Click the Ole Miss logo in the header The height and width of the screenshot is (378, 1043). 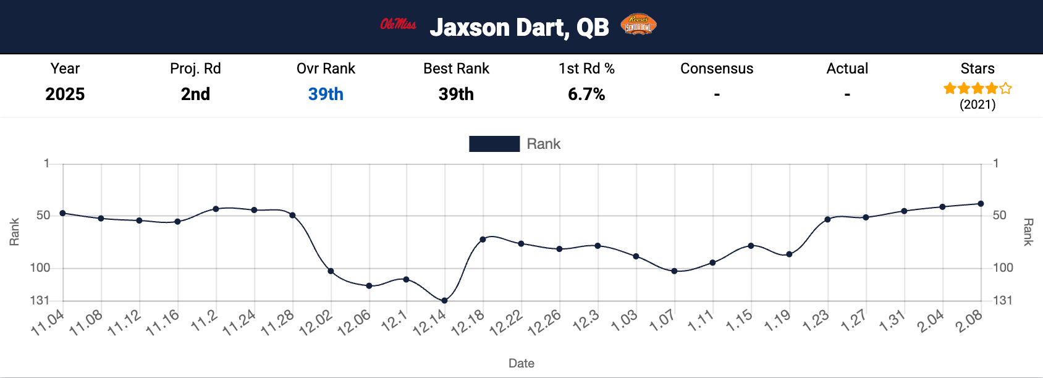pyautogui.click(x=398, y=25)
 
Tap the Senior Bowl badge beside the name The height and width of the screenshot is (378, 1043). pyautogui.click(x=638, y=25)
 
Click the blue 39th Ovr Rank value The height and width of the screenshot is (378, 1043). pyautogui.click(x=326, y=94)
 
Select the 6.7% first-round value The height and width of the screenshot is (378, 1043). pyautogui.click(x=586, y=94)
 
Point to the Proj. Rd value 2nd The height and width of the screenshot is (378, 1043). pyautogui.click(x=195, y=94)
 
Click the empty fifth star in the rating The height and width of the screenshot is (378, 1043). pyautogui.click(x=1006, y=88)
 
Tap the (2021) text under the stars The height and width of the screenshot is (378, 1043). pyautogui.click(x=978, y=104)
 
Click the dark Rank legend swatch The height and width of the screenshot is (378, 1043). pyautogui.click(x=494, y=144)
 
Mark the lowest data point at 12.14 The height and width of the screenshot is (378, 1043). pyautogui.click(x=444, y=301)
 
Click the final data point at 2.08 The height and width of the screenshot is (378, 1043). pyautogui.click(x=981, y=204)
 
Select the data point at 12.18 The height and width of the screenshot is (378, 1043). pyautogui.click(x=483, y=239)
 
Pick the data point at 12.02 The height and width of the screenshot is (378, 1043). pyautogui.click(x=331, y=271)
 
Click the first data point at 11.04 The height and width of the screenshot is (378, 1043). pyautogui.click(x=62, y=213)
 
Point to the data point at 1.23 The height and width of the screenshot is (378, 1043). pyautogui.click(x=827, y=219)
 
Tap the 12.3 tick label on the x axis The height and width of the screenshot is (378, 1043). pyautogui.click(x=586, y=320)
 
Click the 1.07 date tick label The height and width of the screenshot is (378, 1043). pyautogui.click(x=662, y=321)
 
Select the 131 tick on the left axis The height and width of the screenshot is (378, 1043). pyautogui.click(x=40, y=301)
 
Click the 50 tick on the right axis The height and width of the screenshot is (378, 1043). pyautogui.click(x=1000, y=216)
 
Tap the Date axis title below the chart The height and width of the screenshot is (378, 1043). pyautogui.click(x=521, y=363)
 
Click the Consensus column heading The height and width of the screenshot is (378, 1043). pyautogui.click(x=717, y=69)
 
